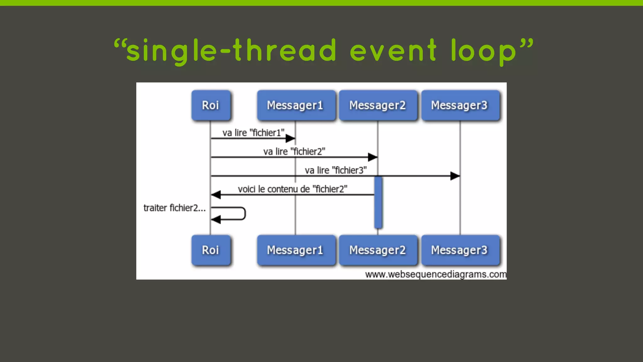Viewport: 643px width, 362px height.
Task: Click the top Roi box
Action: pos(211,105)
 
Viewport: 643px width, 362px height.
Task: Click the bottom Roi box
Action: pos(211,250)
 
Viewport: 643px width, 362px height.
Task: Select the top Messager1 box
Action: pos(295,105)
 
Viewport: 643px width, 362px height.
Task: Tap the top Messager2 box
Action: pos(378,105)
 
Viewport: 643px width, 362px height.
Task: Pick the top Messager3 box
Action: pos(460,105)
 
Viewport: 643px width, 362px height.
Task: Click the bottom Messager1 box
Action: pos(295,250)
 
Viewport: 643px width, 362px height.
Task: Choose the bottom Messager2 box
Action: pos(378,250)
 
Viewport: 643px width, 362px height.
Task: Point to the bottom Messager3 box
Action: pos(460,250)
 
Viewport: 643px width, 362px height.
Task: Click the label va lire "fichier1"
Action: pos(253,133)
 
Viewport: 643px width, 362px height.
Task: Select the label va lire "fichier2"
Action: pos(294,151)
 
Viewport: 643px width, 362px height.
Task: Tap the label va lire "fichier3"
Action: pos(336,170)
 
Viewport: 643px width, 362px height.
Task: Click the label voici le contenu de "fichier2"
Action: pos(292,189)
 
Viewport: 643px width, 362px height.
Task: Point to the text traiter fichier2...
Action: pos(174,208)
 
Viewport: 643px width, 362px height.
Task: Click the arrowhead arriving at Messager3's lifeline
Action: pos(455,176)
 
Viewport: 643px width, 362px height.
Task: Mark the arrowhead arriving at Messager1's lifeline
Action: pos(290,138)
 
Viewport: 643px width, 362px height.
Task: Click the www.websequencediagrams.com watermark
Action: pos(435,274)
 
